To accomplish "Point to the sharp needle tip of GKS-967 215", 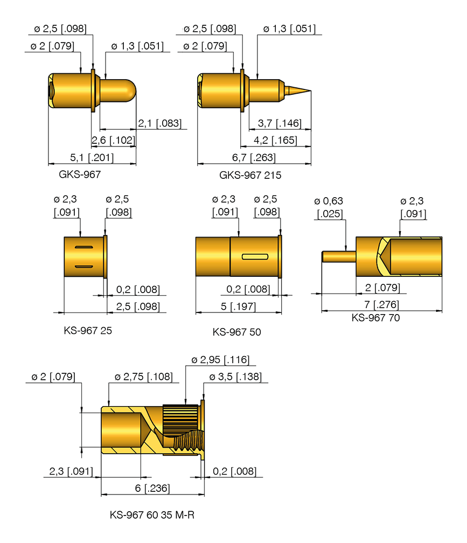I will click(x=310, y=90).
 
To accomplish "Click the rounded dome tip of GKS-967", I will click(x=133, y=89).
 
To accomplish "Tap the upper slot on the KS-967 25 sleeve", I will click(x=85, y=247).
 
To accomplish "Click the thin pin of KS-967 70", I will click(x=338, y=256).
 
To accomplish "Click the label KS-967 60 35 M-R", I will click(x=152, y=515).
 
